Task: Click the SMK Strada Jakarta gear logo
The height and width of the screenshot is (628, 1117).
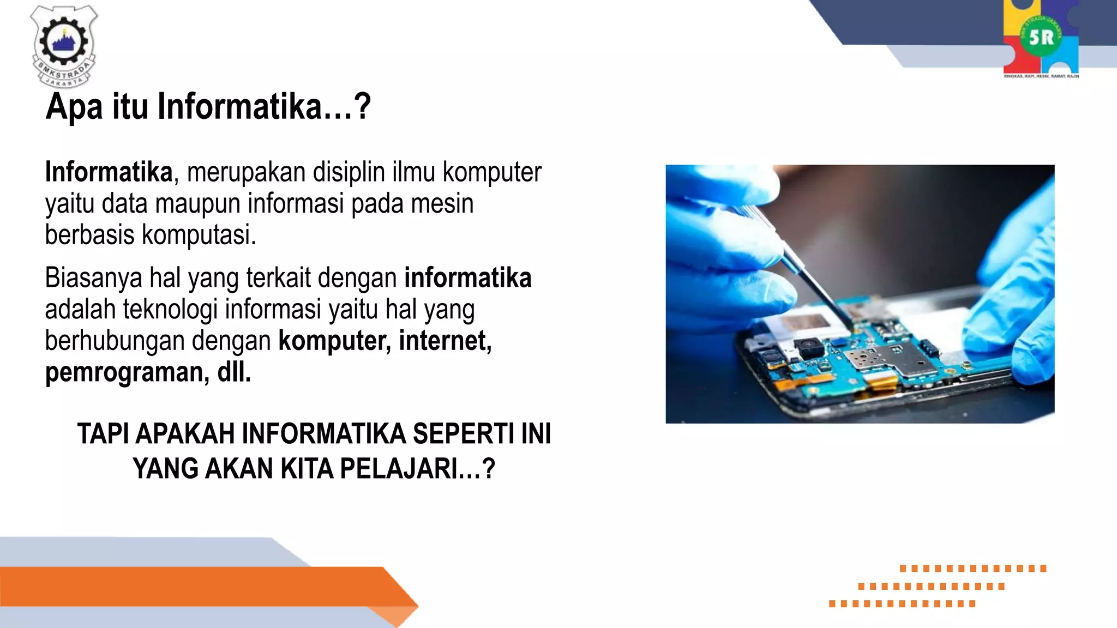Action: click(x=64, y=46)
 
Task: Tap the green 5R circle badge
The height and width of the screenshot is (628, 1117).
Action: click(x=1041, y=38)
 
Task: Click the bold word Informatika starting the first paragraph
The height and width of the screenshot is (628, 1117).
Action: click(x=109, y=172)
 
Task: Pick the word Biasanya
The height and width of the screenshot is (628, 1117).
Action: click(x=94, y=278)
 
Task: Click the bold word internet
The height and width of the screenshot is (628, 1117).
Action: click(x=445, y=341)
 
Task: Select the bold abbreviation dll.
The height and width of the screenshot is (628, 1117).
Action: click(x=234, y=372)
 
